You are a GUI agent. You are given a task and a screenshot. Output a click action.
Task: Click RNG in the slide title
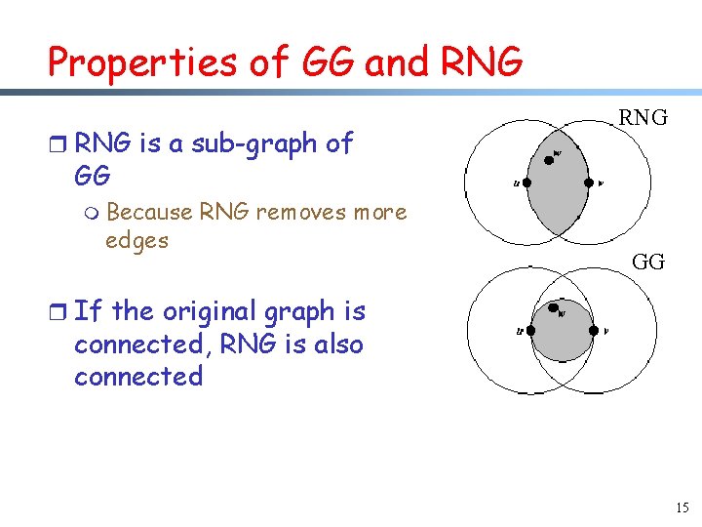482,62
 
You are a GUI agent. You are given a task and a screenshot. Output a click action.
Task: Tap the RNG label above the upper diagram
643,118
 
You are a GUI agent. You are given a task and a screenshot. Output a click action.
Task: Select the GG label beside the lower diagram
648,262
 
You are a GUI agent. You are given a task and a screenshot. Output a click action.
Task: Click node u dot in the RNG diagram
527,182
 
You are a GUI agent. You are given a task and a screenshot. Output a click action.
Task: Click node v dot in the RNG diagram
588,182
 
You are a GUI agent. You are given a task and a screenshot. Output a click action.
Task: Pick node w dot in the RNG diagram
548,159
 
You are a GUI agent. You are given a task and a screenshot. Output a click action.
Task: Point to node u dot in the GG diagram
530,330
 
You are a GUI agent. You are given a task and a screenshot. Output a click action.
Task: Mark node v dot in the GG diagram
594,330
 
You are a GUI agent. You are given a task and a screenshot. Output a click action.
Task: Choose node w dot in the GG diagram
554,306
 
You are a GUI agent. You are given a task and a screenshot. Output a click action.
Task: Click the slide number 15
681,507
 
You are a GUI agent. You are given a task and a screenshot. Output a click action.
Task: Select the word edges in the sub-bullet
136,240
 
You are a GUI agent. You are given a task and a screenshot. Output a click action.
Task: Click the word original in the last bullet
196,312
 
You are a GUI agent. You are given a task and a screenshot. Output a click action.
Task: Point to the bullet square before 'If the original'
58,313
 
